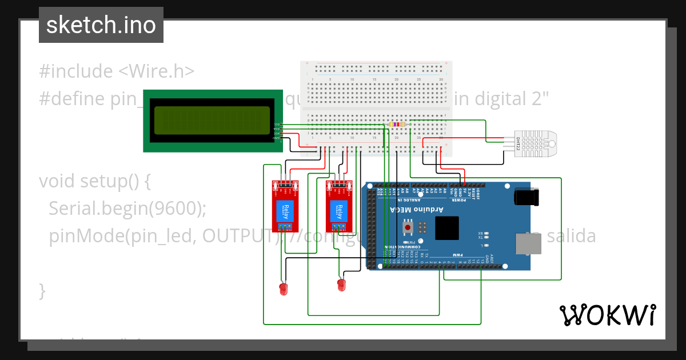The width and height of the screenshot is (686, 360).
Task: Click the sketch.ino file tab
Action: pyautogui.click(x=101, y=25)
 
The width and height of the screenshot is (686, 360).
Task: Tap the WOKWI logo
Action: pyautogui.click(x=607, y=315)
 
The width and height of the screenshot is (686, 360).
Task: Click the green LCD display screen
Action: pyautogui.click(x=212, y=120)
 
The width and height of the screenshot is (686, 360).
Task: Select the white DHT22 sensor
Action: pyautogui.click(x=537, y=143)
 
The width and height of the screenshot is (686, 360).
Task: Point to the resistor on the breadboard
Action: pyautogui.click(x=397, y=124)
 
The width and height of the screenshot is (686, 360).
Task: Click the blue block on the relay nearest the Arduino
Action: pyautogui.click(x=339, y=211)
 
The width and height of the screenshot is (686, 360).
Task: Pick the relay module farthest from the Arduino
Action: pyautogui.click(x=285, y=206)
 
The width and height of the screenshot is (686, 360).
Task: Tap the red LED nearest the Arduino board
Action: pyautogui.click(x=341, y=284)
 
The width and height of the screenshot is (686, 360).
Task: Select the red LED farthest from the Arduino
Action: pyautogui.click(x=282, y=289)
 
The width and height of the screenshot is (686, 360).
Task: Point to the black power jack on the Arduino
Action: pyautogui.click(x=527, y=197)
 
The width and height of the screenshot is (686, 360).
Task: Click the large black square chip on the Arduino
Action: pyautogui.click(x=446, y=228)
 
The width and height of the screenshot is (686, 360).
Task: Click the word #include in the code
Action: pyautogui.click(x=76, y=71)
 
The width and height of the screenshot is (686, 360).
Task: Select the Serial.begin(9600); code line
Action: pyautogui.click(x=127, y=209)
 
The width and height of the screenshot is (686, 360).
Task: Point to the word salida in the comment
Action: pyautogui.click(x=571, y=236)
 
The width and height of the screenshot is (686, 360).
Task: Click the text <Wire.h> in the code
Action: pyautogui.click(x=157, y=71)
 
